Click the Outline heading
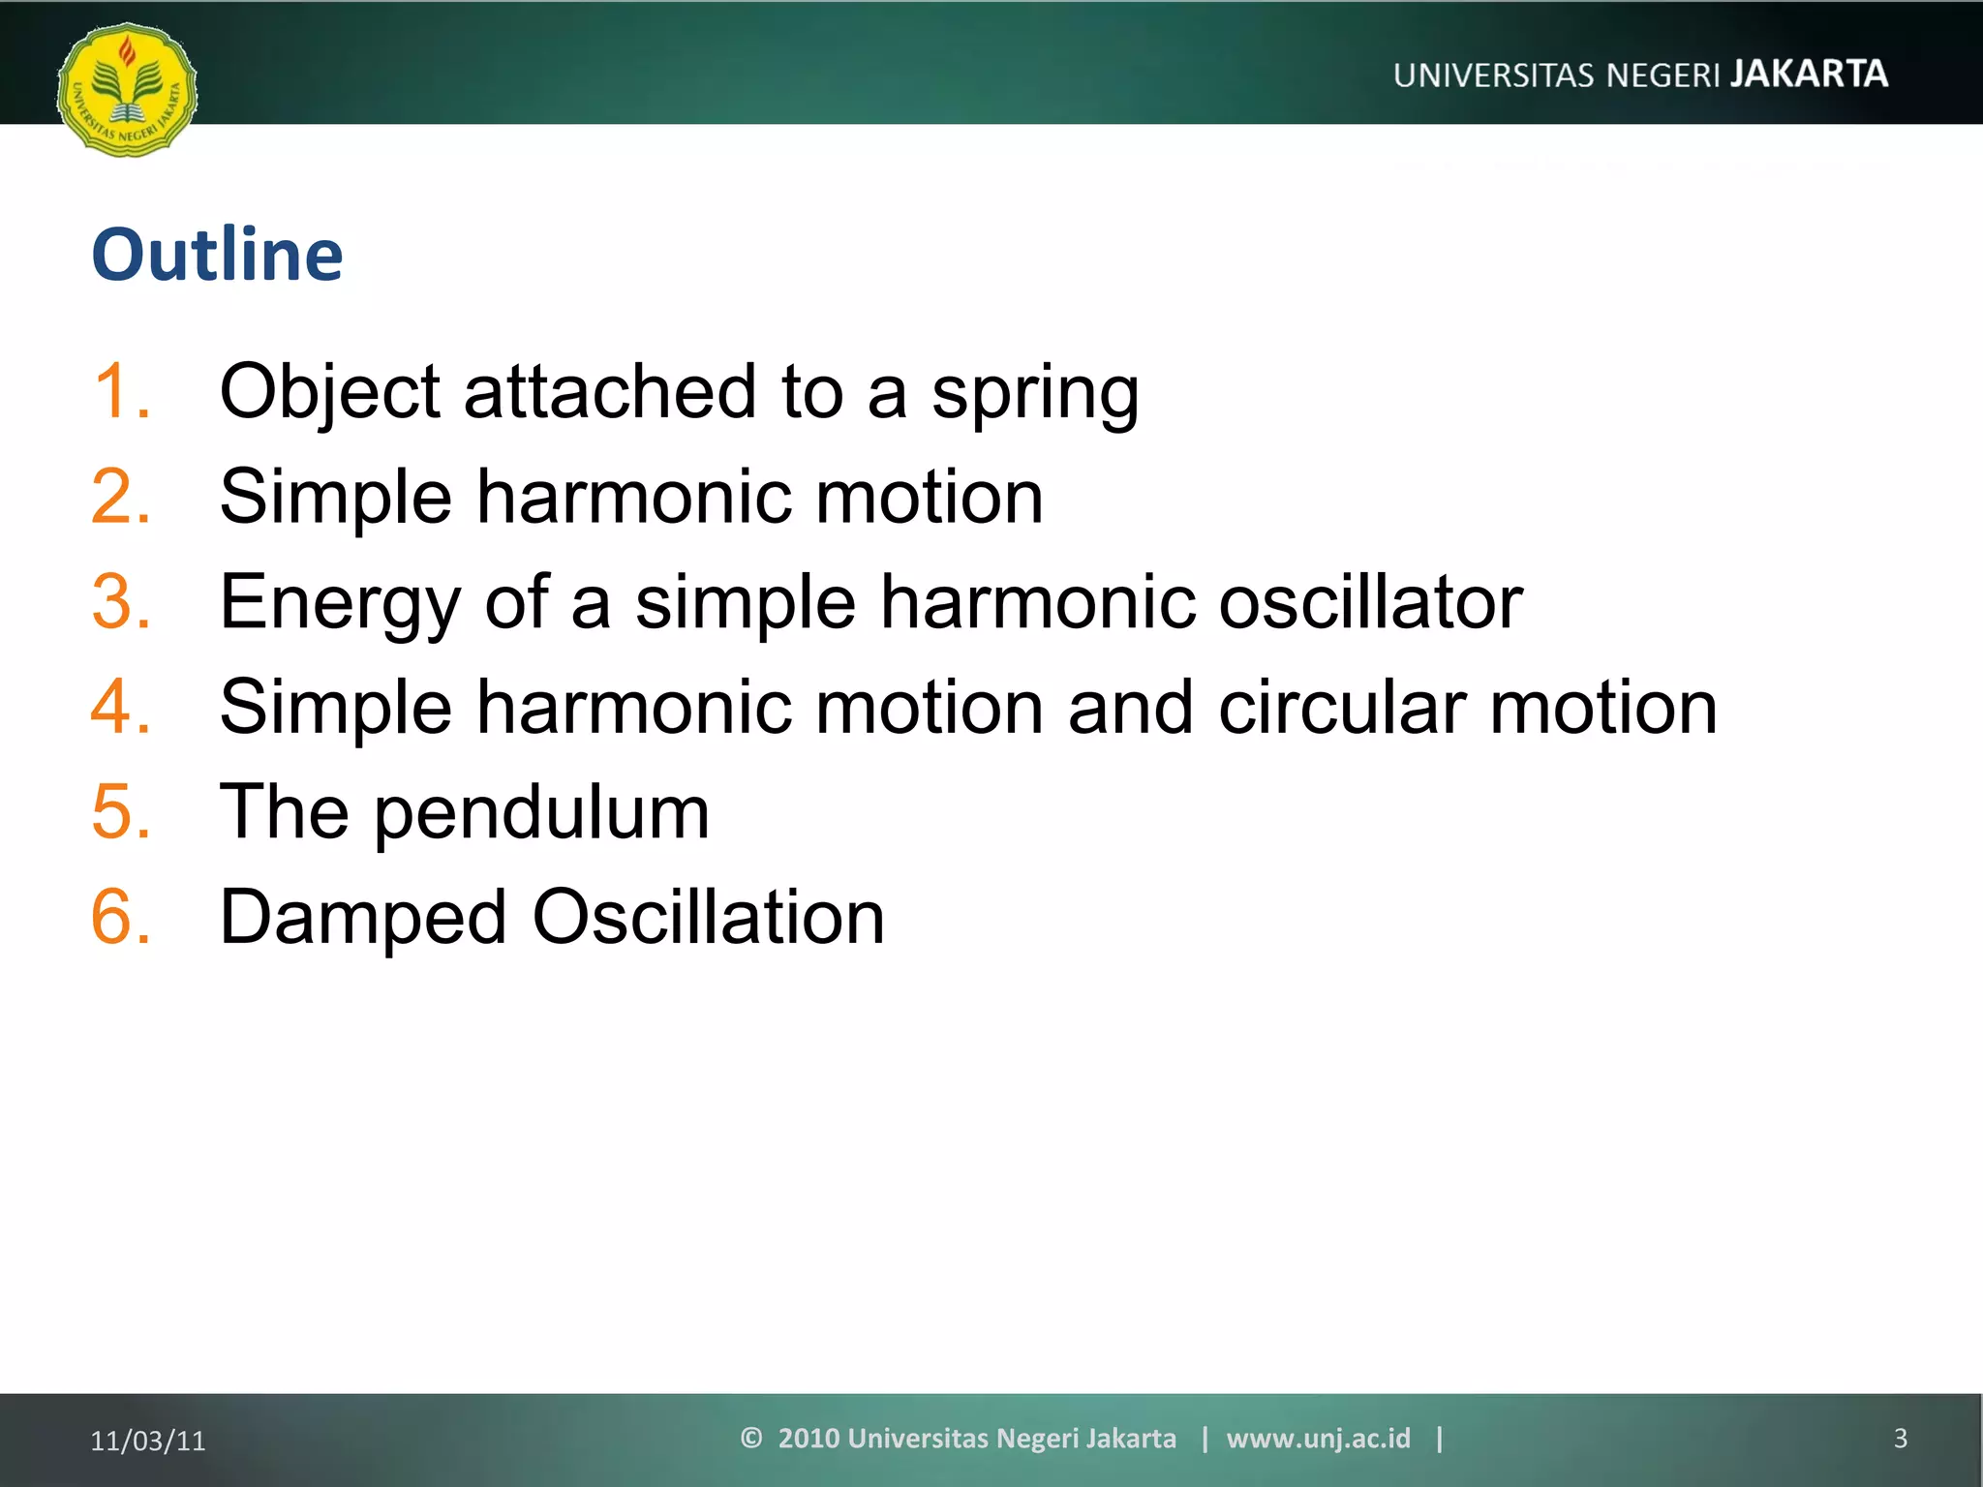coord(217,255)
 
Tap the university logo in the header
coord(127,90)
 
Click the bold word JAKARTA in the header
coord(1809,74)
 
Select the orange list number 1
coord(122,391)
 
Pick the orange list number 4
coord(121,707)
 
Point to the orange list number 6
coord(121,917)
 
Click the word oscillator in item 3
coord(1370,602)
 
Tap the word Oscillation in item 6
coord(708,917)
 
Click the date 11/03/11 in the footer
coord(148,1441)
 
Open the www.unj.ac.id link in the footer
coord(1318,1439)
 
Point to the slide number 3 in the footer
coord(1900,1439)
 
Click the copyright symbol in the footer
coord(751,1438)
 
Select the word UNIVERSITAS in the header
coord(1493,76)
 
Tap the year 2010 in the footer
coord(808,1439)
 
